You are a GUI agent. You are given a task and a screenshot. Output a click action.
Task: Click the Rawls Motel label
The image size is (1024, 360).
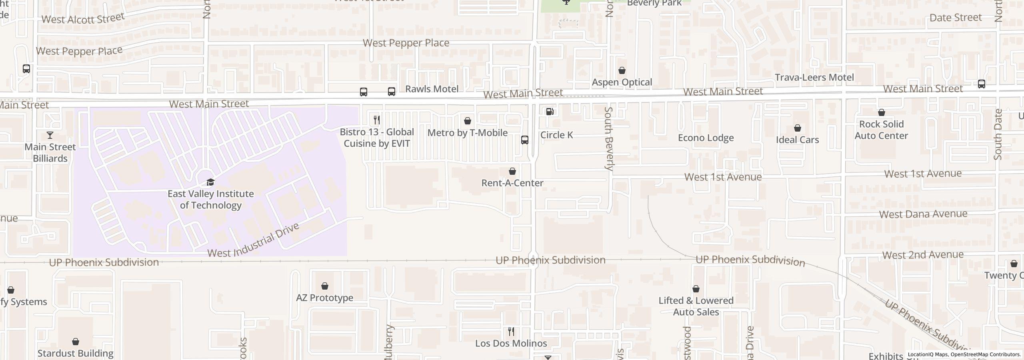click(432, 89)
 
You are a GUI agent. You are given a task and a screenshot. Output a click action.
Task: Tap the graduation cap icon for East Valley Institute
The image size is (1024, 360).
click(210, 182)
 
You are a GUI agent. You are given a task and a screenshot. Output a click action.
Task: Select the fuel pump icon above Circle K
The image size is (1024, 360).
click(550, 112)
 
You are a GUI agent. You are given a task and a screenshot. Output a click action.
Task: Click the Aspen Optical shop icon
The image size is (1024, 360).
click(622, 71)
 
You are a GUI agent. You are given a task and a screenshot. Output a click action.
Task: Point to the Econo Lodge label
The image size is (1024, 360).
click(706, 138)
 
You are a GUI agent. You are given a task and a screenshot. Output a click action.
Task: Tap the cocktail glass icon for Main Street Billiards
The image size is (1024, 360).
click(50, 135)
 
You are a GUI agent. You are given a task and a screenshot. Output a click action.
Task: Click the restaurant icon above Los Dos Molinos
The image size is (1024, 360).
click(511, 332)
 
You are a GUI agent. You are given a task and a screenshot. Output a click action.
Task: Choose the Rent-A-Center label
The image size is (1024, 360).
click(512, 183)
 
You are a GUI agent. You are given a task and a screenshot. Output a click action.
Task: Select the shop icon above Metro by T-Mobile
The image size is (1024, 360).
click(468, 121)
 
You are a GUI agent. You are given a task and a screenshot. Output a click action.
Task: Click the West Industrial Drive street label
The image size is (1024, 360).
click(254, 240)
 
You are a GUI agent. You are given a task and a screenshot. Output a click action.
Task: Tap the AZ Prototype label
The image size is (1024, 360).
click(324, 298)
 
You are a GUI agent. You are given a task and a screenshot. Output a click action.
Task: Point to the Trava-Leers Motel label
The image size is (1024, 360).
click(814, 78)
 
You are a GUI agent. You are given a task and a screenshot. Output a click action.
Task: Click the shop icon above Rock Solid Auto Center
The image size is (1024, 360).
click(882, 113)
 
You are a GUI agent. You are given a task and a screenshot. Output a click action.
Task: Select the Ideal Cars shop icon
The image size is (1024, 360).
click(798, 128)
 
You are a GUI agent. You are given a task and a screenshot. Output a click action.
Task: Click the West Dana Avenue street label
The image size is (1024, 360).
click(923, 214)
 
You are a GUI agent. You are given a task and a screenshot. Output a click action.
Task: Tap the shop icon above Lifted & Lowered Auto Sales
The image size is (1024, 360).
click(696, 289)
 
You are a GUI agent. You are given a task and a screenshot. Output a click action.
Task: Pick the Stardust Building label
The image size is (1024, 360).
click(76, 354)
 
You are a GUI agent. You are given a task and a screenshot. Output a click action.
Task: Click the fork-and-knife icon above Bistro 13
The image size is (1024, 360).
click(376, 120)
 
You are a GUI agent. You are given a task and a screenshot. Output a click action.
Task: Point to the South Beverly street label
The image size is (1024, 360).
click(608, 139)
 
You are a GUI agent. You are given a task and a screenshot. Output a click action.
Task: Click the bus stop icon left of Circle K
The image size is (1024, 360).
click(525, 140)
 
